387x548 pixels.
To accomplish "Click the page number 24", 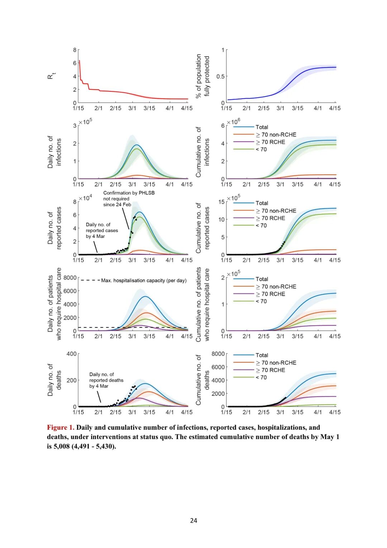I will click(193, 520).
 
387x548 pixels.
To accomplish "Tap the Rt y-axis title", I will click(51, 76).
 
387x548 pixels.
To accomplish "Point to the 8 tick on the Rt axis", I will click(75, 50).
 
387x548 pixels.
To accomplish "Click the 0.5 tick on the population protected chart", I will click(220, 76).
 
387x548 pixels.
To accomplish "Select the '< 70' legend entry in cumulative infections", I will click(261, 150).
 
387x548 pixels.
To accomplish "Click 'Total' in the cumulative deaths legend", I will click(262, 355).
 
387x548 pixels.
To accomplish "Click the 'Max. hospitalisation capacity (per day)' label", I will click(144, 280).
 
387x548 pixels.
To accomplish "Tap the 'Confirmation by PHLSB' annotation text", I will click(129, 193).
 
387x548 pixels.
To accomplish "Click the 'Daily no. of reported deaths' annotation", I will click(106, 380).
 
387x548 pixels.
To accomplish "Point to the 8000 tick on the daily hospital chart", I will click(70, 278).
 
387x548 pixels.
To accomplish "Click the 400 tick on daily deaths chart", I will click(71, 354).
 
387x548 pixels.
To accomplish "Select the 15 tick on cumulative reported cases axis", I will click(221, 202).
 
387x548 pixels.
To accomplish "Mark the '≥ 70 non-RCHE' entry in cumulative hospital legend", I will click(276, 287).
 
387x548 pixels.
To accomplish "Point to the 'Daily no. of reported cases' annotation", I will click(101, 230).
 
